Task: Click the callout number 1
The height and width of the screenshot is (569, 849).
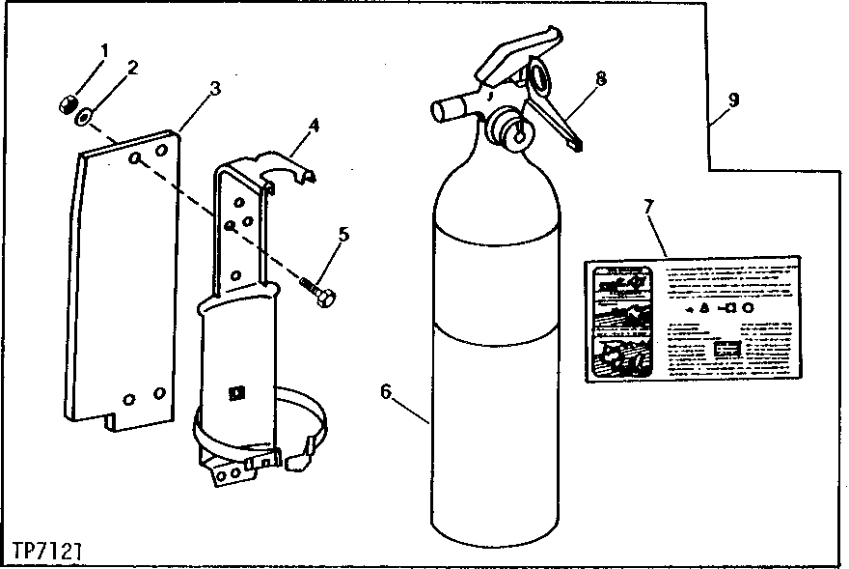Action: pyautogui.click(x=104, y=49)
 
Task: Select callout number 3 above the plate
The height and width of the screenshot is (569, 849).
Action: pyautogui.click(x=214, y=88)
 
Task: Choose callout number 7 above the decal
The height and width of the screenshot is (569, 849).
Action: pyautogui.click(x=648, y=206)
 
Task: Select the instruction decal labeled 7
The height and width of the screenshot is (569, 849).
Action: pyautogui.click(x=693, y=320)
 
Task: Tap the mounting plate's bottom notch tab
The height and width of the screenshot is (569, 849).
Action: pyautogui.click(x=113, y=420)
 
